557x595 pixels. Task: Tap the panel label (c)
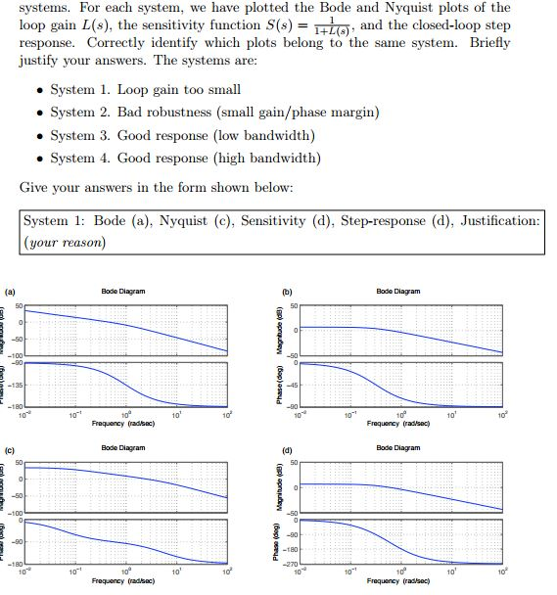click(11, 450)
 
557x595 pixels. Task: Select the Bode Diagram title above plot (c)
click(122, 448)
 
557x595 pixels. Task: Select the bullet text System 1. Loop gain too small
click(131, 90)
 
